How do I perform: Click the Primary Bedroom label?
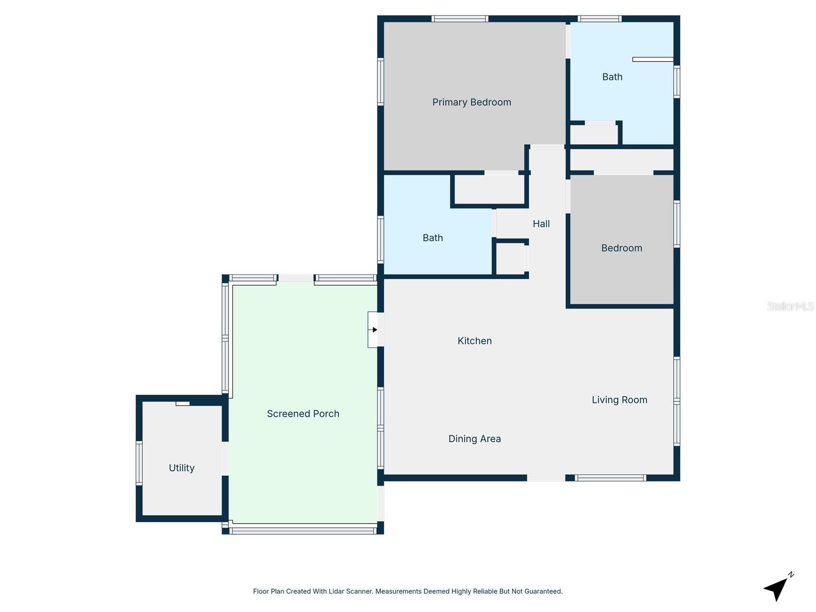click(x=471, y=103)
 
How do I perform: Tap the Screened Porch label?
click(x=303, y=414)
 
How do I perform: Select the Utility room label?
click(x=182, y=468)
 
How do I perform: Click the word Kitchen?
click(x=474, y=341)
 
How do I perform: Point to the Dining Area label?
click(x=474, y=439)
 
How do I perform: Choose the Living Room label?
click(x=619, y=400)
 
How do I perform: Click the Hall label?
click(x=541, y=224)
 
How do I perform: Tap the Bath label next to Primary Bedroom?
click(x=612, y=77)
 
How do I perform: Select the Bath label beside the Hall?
click(x=432, y=238)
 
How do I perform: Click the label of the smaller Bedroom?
click(x=621, y=248)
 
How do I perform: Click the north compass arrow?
click(x=777, y=588)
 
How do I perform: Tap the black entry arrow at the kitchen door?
click(x=375, y=329)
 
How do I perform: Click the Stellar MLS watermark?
click(x=790, y=306)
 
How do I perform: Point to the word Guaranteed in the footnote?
click(x=542, y=592)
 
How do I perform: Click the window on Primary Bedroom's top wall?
click(x=460, y=19)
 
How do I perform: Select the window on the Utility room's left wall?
click(x=139, y=463)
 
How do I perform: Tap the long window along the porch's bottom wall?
click(x=303, y=531)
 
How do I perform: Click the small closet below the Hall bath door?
click(x=511, y=259)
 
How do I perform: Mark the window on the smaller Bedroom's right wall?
click(x=677, y=224)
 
